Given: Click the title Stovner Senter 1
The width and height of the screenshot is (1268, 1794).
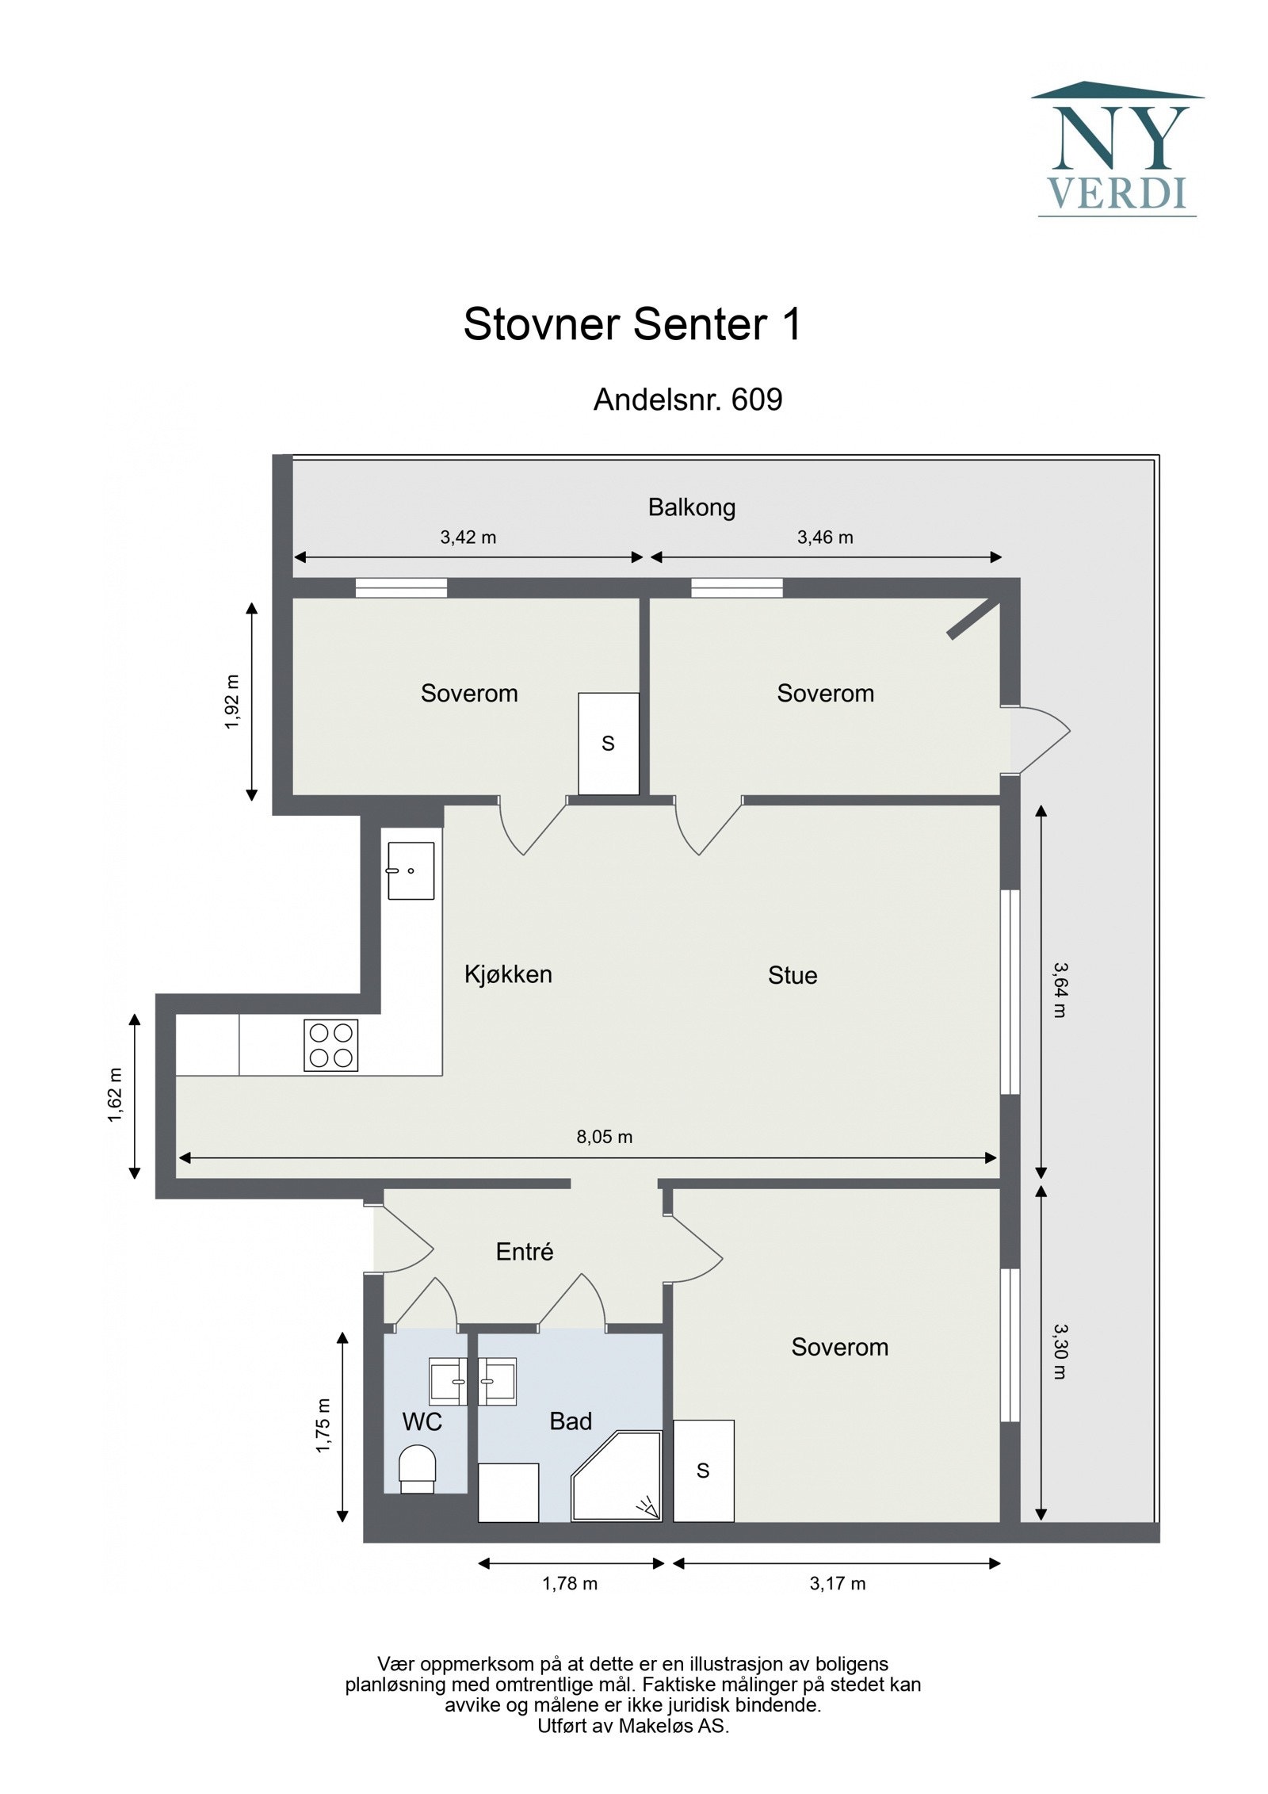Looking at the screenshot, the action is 632,324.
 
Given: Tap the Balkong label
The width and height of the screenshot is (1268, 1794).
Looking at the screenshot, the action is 692,507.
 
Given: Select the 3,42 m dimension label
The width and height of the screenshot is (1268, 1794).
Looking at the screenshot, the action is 468,537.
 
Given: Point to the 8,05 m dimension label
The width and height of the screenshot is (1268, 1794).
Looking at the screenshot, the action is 605,1137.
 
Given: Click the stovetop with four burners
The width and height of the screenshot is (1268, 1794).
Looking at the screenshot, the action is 331,1045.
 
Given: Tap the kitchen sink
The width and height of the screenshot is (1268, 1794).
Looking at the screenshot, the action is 411,870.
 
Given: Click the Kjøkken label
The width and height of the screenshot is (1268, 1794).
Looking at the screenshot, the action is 508,974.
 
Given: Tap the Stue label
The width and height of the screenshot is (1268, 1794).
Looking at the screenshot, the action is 792,975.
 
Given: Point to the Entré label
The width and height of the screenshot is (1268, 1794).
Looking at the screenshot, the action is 525,1252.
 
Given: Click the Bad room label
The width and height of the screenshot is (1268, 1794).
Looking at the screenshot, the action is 571,1421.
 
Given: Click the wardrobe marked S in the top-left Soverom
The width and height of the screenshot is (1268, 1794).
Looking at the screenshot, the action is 609,744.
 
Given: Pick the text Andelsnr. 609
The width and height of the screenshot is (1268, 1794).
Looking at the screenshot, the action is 688,400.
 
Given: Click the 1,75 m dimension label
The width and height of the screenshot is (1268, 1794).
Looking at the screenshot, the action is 323,1425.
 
